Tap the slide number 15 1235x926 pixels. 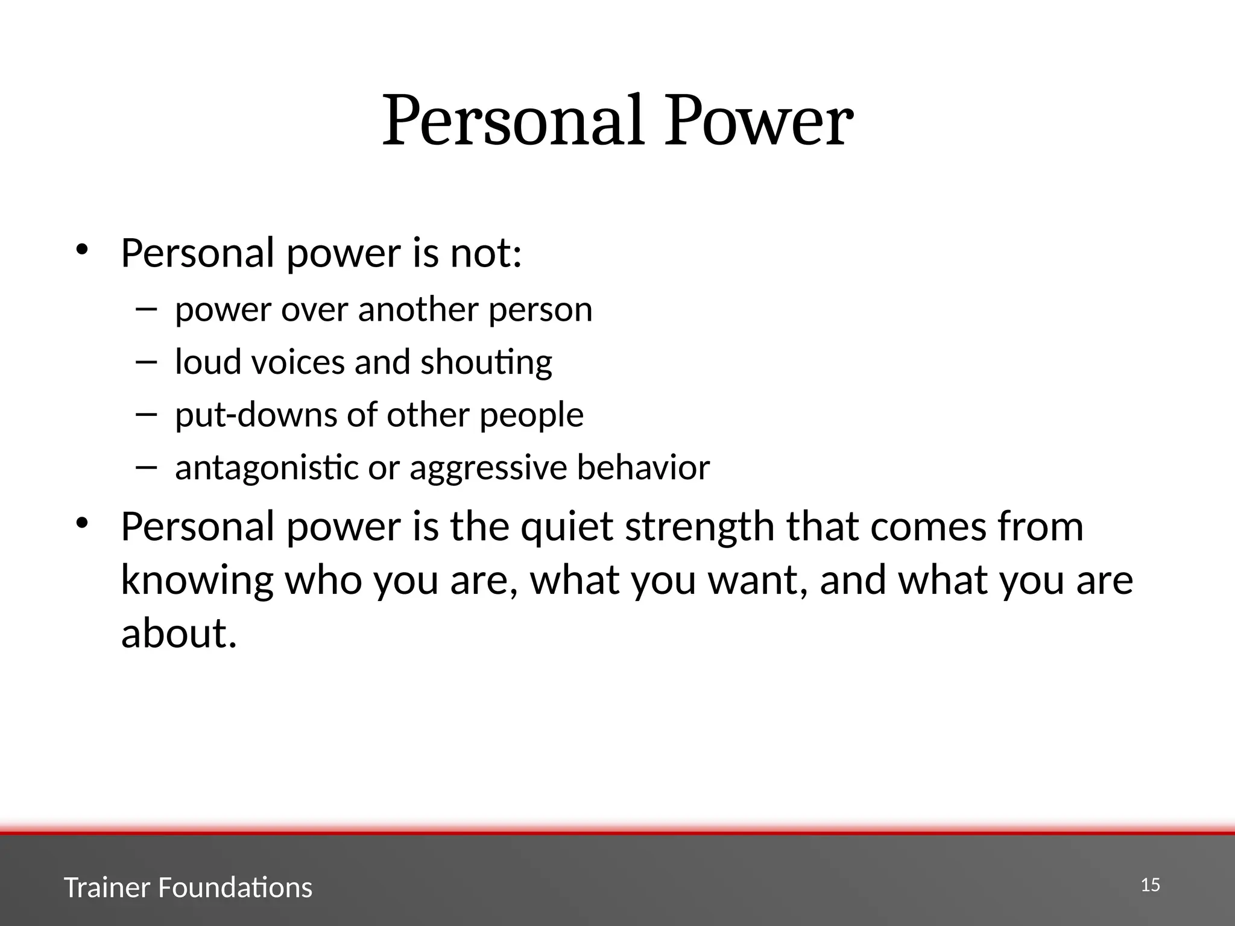click(x=1151, y=885)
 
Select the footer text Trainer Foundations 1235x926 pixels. click(x=188, y=888)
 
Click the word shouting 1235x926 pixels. click(x=486, y=363)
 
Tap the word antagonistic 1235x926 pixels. click(x=267, y=468)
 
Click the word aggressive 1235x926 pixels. click(x=488, y=468)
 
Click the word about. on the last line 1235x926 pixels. click(x=179, y=634)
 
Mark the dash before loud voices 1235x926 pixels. click(x=146, y=362)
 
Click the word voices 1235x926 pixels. click(x=297, y=363)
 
